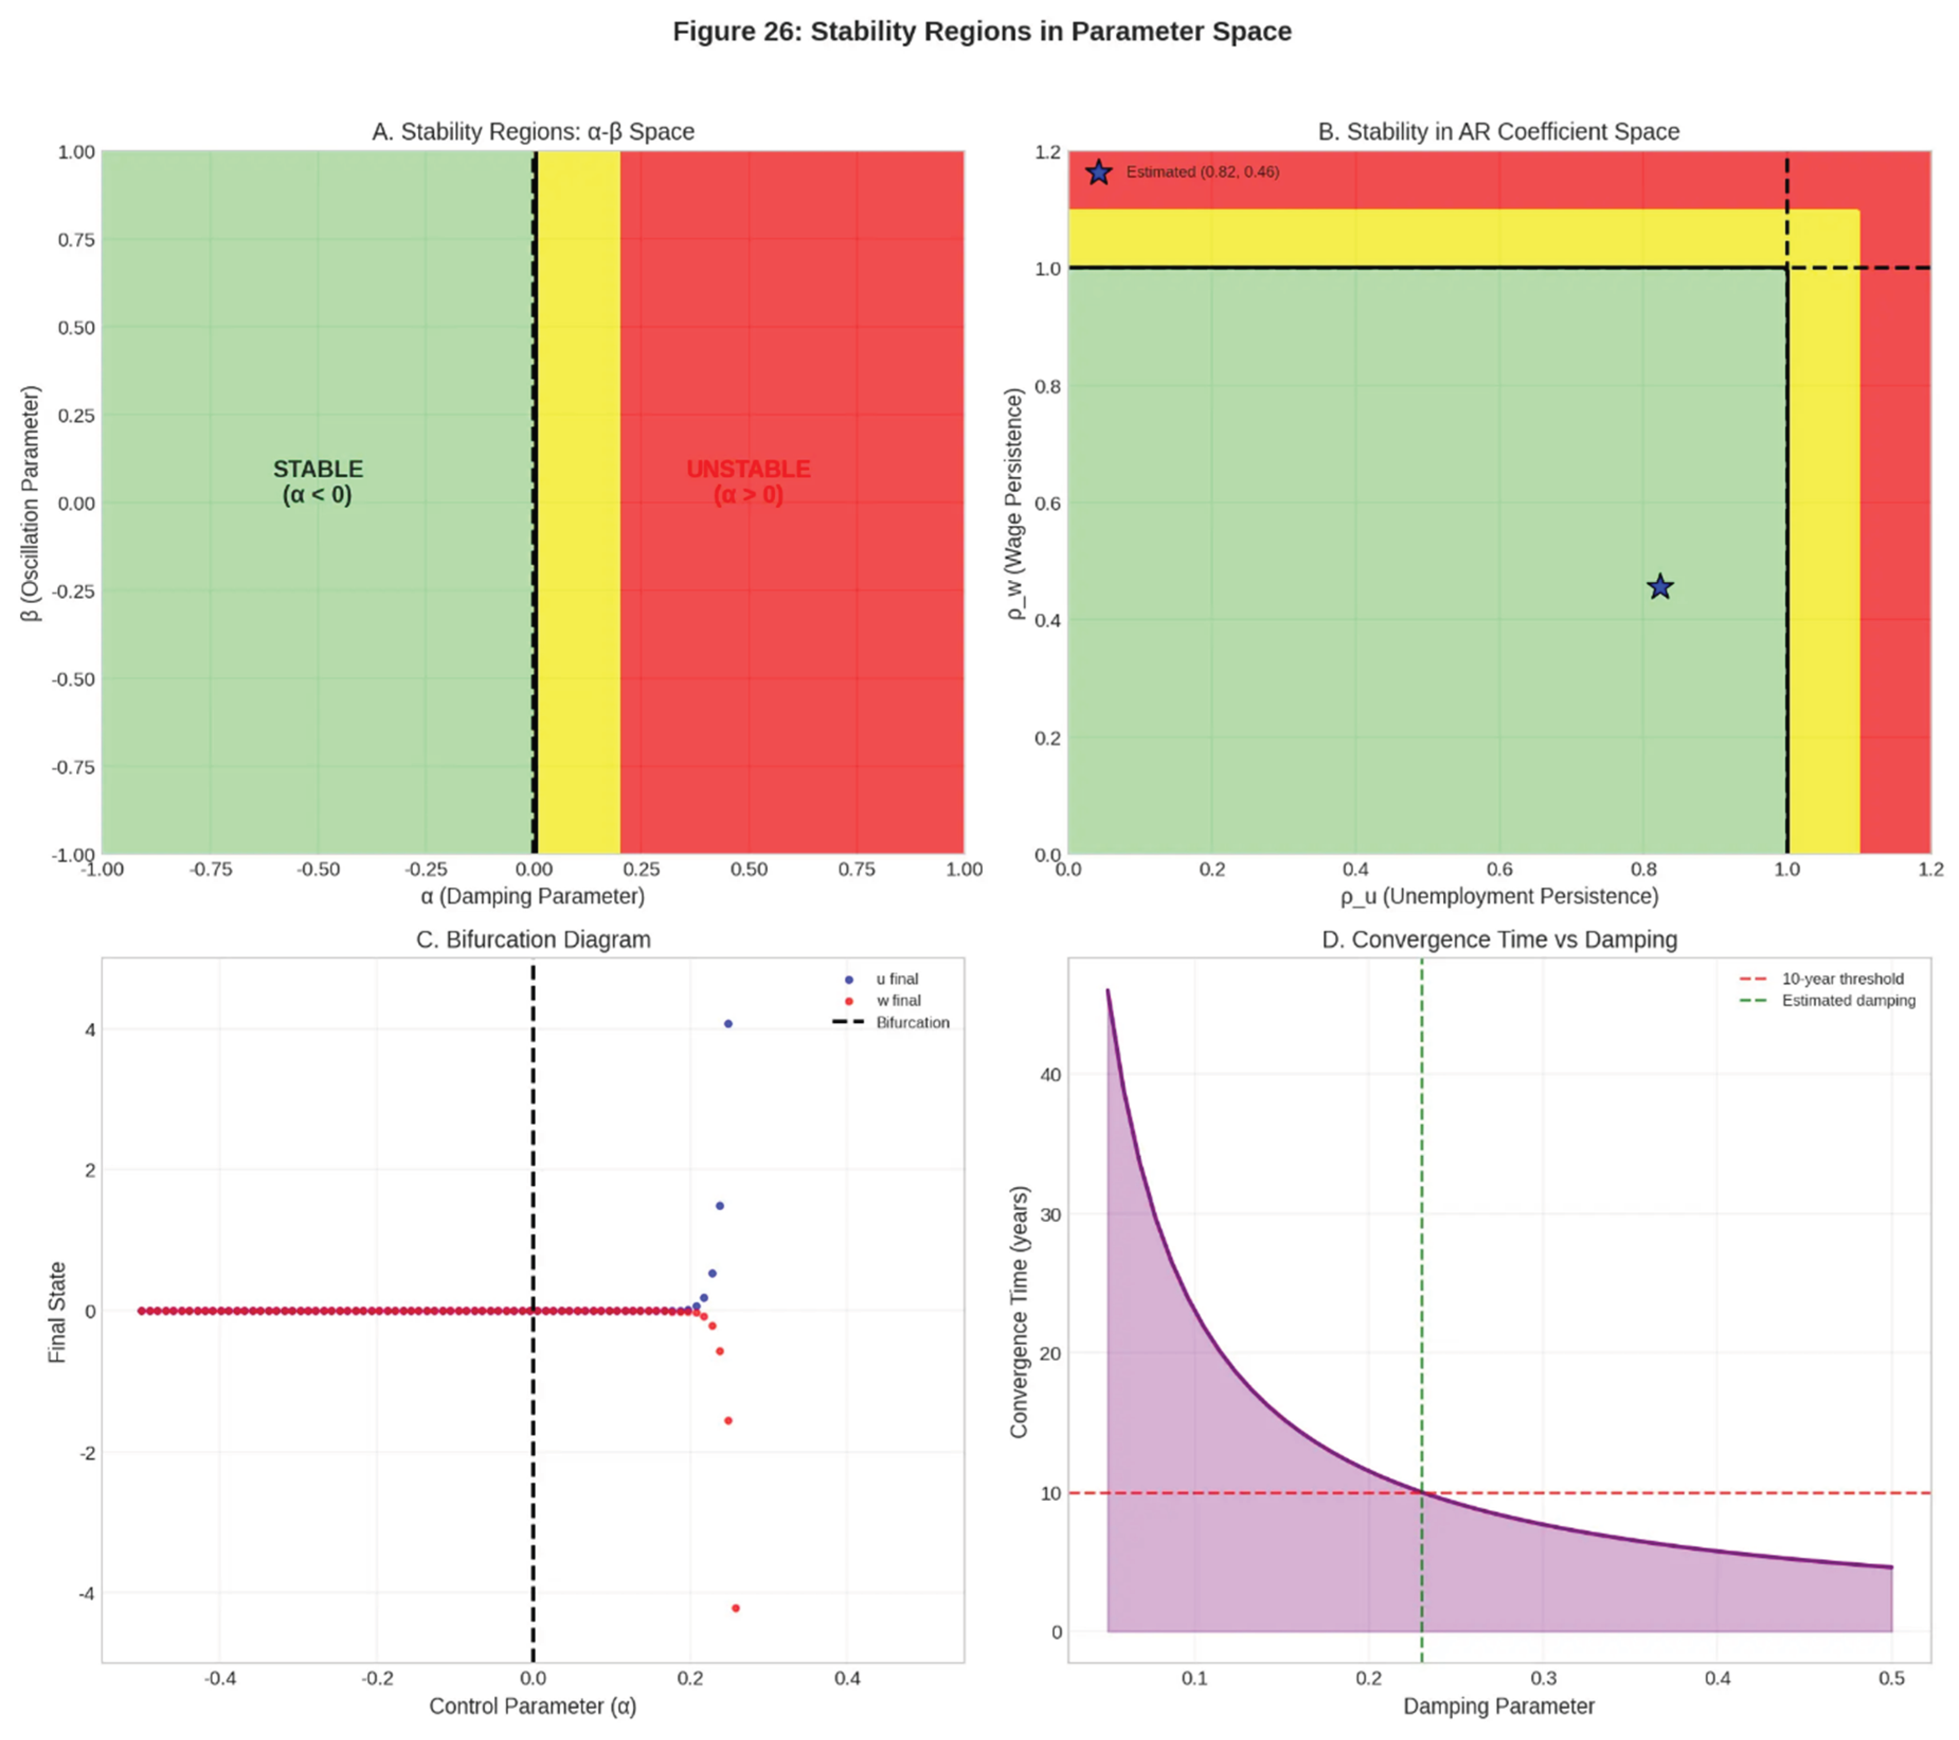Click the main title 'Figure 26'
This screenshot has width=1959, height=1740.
pyautogui.click(x=981, y=32)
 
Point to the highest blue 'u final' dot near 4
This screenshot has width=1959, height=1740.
pyautogui.click(x=728, y=1024)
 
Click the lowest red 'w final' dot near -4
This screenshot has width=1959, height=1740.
pyautogui.click(x=735, y=1608)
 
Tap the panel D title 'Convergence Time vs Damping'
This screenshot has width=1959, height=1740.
pyautogui.click(x=1499, y=939)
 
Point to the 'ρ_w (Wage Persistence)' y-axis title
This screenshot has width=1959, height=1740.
pyautogui.click(x=1015, y=503)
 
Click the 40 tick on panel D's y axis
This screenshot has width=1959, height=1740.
pyautogui.click(x=1050, y=1075)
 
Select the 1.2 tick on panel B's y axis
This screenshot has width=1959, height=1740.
pyautogui.click(x=1048, y=153)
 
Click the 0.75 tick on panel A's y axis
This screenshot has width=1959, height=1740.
pyautogui.click(x=77, y=240)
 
